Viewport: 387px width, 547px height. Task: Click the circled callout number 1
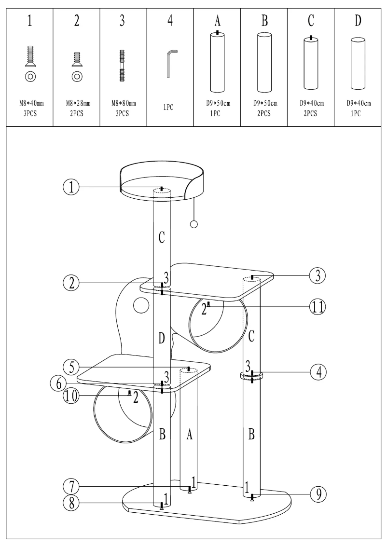71,187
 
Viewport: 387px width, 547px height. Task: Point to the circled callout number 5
71,368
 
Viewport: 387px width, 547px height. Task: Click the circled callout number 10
71,397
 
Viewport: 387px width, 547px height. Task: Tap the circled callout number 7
71,484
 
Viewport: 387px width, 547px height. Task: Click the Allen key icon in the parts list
171,63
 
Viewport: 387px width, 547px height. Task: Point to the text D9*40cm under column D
358,103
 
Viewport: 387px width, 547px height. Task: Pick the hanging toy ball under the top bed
194,224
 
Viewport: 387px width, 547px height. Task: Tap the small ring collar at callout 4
251,375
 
